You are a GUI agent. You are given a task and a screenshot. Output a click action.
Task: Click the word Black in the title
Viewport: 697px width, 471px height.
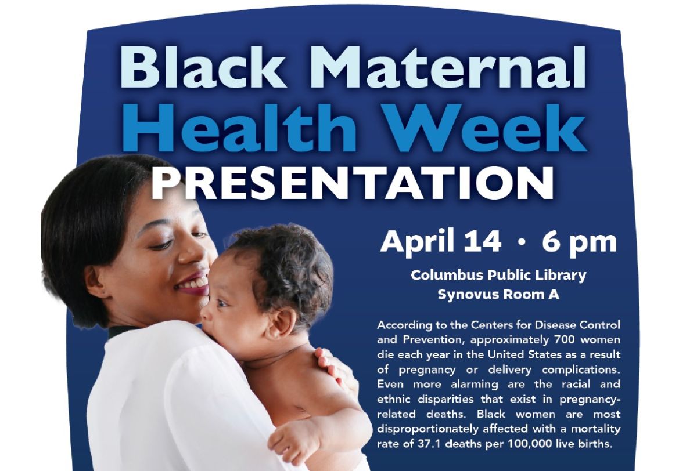coord(203,66)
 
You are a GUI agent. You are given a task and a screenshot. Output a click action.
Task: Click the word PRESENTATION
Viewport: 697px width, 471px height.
coord(352,183)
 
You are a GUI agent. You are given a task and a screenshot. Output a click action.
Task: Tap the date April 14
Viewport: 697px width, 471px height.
coord(441,242)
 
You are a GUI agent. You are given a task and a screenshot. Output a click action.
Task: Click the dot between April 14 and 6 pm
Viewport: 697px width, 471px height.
coord(522,244)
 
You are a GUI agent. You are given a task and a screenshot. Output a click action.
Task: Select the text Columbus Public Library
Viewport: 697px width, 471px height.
coord(498,276)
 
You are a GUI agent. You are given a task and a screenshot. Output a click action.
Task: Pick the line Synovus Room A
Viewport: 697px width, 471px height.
coord(498,294)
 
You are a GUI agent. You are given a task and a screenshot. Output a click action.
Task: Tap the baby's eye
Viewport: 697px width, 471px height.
coord(224,303)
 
